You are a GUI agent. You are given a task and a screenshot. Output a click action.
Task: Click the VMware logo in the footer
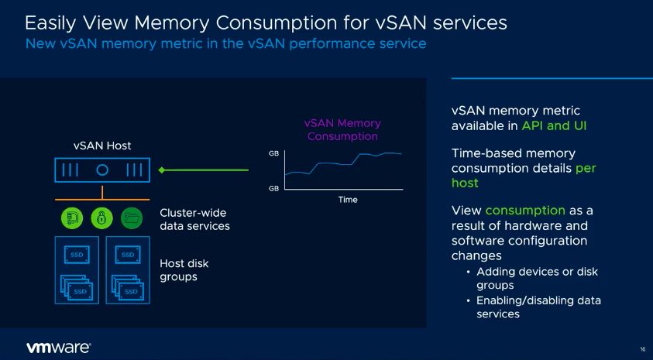(59, 348)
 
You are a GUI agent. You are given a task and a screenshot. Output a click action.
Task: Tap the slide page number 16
(643, 349)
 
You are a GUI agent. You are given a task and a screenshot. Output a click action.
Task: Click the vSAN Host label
(102, 146)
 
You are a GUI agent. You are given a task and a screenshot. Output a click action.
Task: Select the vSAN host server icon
(102, 170)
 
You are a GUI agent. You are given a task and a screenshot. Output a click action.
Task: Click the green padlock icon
(102, 218)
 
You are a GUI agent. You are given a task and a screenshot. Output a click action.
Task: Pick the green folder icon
(132, 218)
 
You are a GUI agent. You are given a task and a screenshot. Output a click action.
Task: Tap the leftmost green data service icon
(73, 218)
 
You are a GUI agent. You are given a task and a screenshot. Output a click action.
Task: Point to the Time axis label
(348, 200)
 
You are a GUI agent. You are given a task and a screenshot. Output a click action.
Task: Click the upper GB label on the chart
(273, 153)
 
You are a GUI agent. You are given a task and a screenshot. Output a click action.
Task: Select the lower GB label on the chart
(273, 189)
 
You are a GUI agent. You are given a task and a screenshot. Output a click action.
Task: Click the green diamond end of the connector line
(163, 170)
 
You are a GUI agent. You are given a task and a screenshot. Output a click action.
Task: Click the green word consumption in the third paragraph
(525, 211)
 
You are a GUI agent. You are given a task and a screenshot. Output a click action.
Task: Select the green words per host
(527, 176)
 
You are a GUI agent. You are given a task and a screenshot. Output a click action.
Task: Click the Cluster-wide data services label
(194, 219)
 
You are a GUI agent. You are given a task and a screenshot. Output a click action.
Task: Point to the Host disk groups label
(184, 269)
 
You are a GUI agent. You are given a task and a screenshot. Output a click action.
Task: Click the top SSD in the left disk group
(77, 254)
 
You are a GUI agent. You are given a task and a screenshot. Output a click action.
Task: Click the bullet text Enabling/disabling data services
(538, 307)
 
